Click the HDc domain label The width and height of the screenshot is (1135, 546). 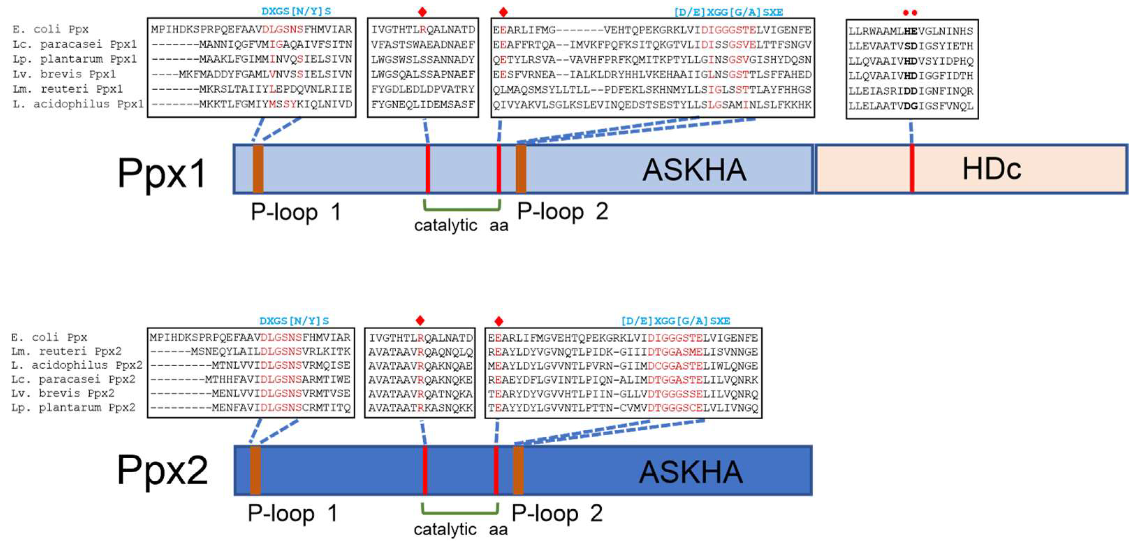[x=991, y=169]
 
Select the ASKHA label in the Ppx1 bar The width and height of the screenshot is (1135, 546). [x=694, y=170]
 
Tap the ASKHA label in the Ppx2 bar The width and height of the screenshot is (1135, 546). [x=691, y=472]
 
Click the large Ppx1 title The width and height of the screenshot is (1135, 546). [x=162, y=174]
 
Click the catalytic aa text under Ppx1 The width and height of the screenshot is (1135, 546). [x=461, y=226]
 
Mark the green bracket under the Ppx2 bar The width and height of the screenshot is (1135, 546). [x=460, y=512]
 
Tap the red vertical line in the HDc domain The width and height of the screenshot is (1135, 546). [x=911, y=169]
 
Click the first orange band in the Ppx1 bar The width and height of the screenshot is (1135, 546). [x=258, y=169]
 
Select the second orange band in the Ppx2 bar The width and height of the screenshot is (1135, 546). [x=518, y=470]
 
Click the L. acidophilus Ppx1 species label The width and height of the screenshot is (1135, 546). [x=78, y=104]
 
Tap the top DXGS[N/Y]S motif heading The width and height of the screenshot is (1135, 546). [x=296, y=12]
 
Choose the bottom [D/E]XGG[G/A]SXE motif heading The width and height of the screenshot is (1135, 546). [x=675, y=321]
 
